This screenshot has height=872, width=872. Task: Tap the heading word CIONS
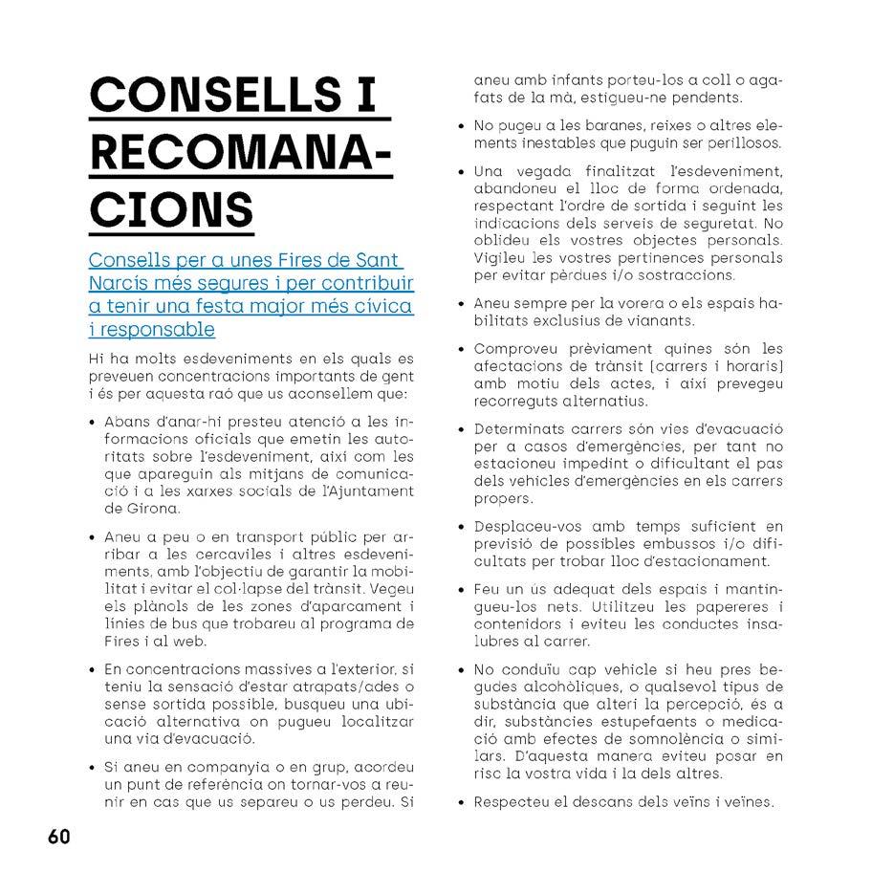tap(171, 209)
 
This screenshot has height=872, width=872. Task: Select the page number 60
tap(58, 837)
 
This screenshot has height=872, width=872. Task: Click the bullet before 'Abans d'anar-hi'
tap(93, 422)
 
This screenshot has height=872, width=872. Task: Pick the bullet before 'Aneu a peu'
tap(93, 536)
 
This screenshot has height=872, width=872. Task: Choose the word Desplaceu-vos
tap(528, 527)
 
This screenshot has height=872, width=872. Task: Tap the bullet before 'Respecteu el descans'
tap(463, 803)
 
